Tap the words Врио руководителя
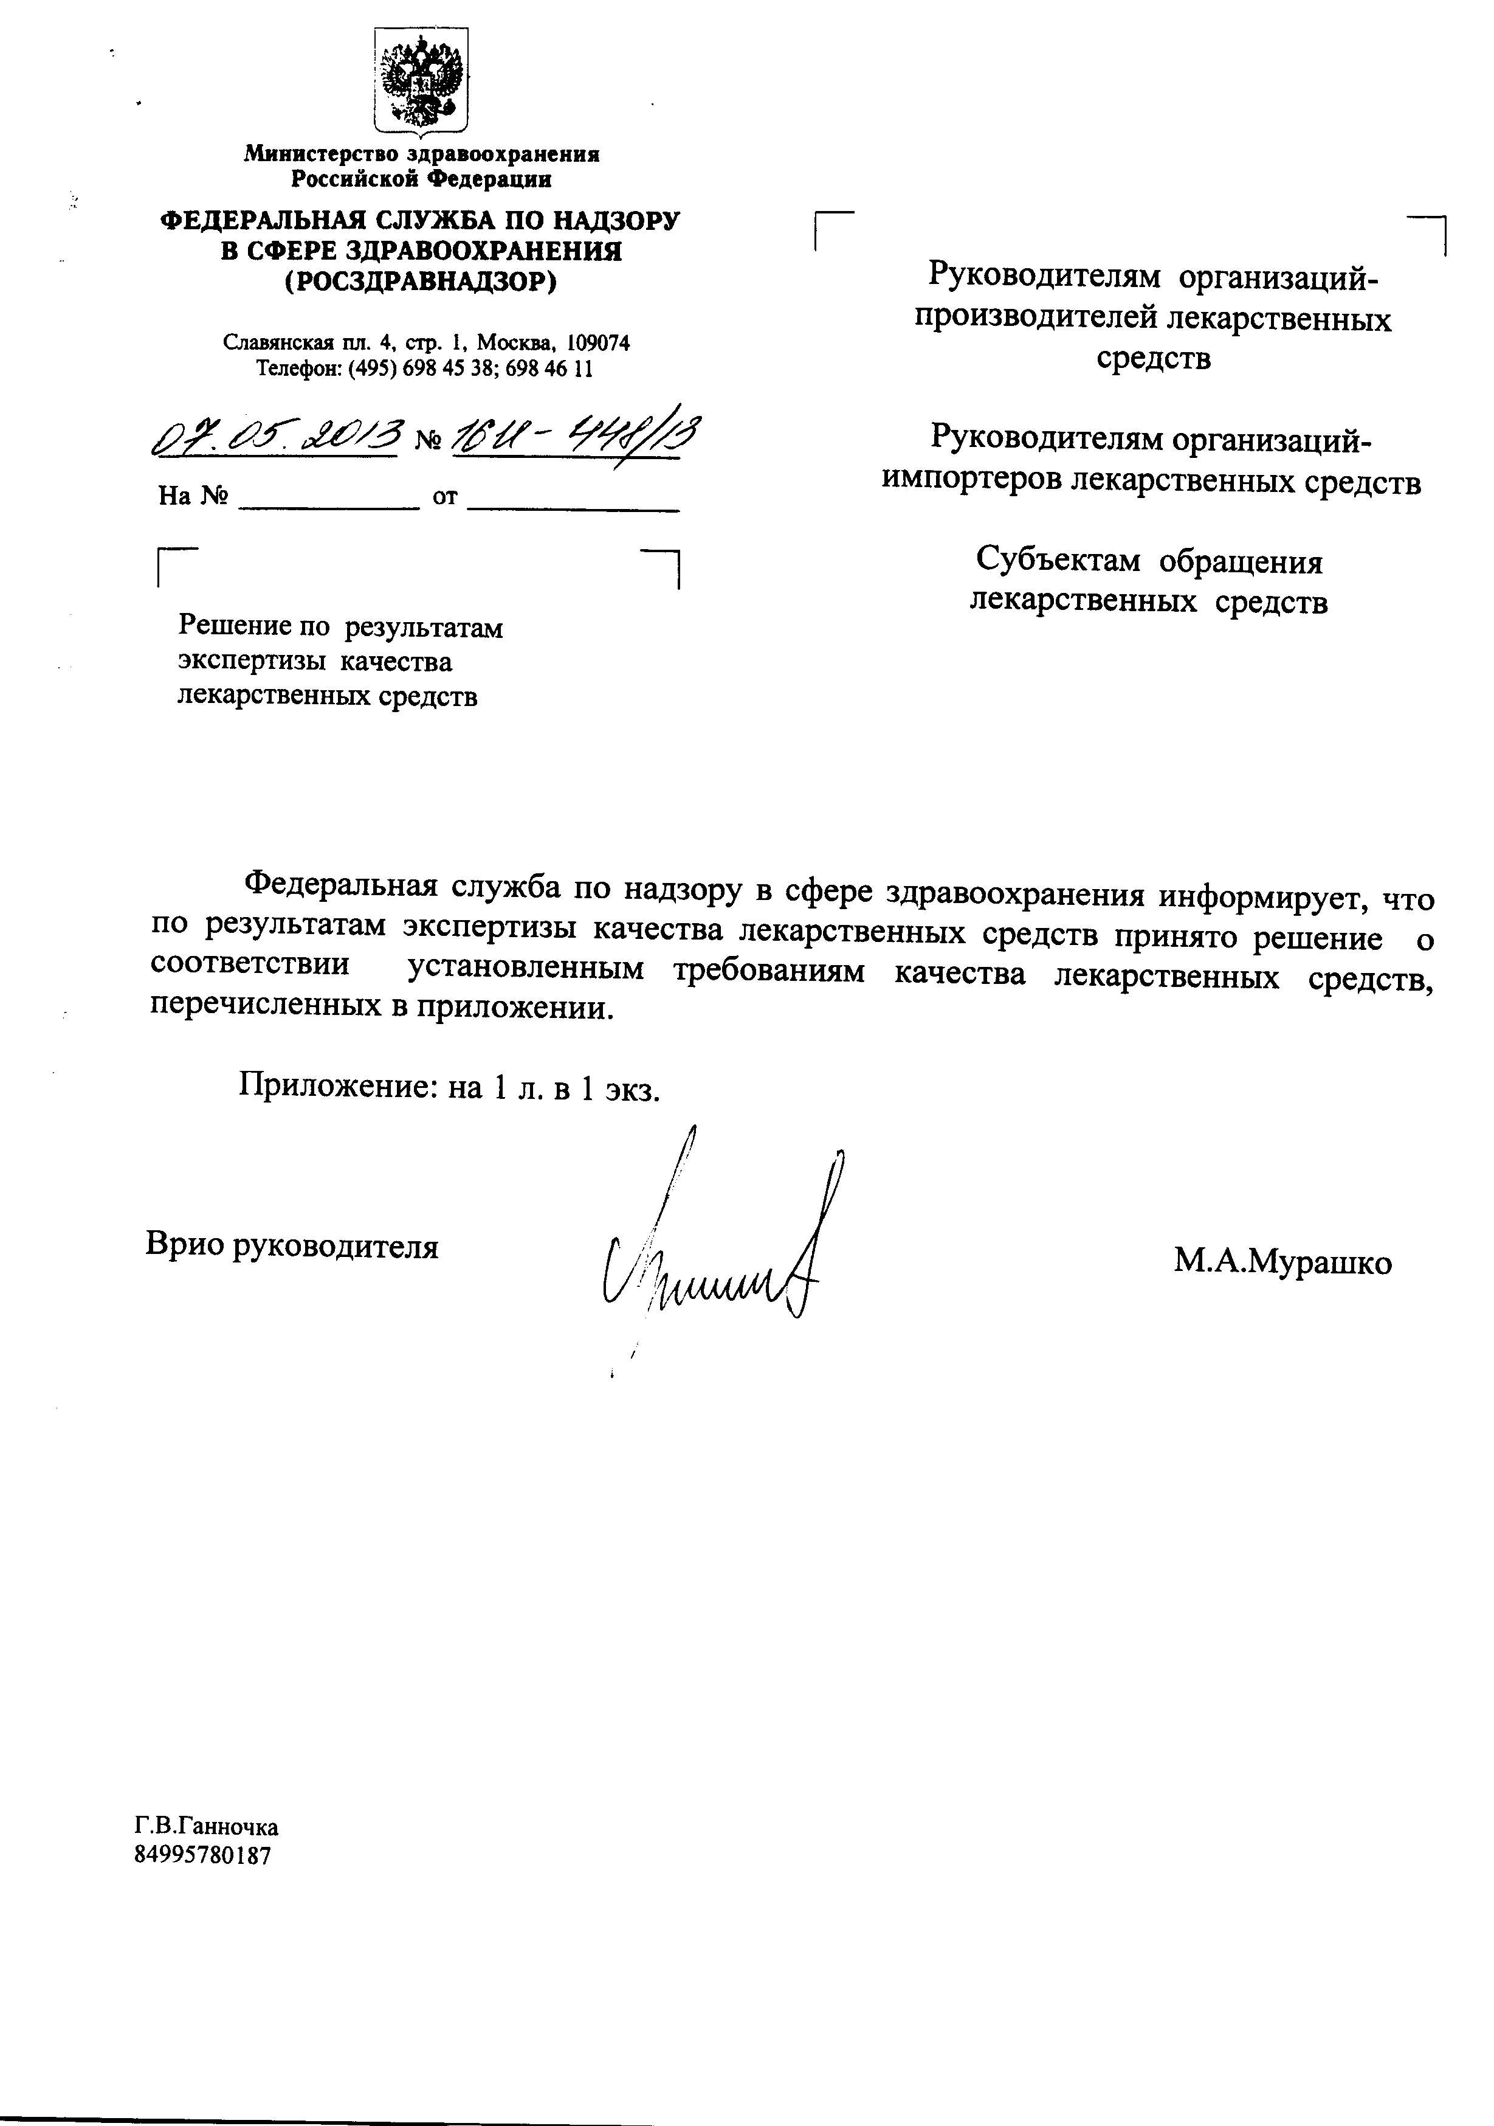pyautogui.click(x=292, y=1246)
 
